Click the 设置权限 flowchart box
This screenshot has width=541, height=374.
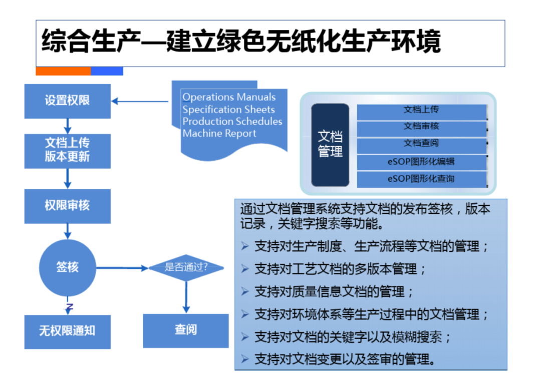pos(67,101)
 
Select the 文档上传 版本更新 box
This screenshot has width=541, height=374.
pos(67,151)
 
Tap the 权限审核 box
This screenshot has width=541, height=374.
pos(67,206)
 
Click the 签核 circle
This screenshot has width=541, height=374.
pos(68,268)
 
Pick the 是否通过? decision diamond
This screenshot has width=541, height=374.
pos(186,267)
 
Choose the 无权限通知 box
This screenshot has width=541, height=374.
pos(67,332)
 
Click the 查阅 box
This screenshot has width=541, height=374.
pos(186,330)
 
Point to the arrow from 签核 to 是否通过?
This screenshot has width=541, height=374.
pos(122,268)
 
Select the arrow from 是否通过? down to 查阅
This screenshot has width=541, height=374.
pos(186,297)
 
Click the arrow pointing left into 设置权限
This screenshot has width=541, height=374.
pos(140,101)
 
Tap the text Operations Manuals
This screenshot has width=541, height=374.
pos(229,97)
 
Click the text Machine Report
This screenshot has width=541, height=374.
pos(219,133)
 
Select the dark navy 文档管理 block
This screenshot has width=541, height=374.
pos(330,145)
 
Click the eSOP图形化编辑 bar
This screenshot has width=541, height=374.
pos(422,162)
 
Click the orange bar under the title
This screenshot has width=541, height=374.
pos(63,71)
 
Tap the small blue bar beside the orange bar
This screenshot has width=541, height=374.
pos(107,71)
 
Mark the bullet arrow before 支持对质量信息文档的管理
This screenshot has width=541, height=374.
pos(245,291)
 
